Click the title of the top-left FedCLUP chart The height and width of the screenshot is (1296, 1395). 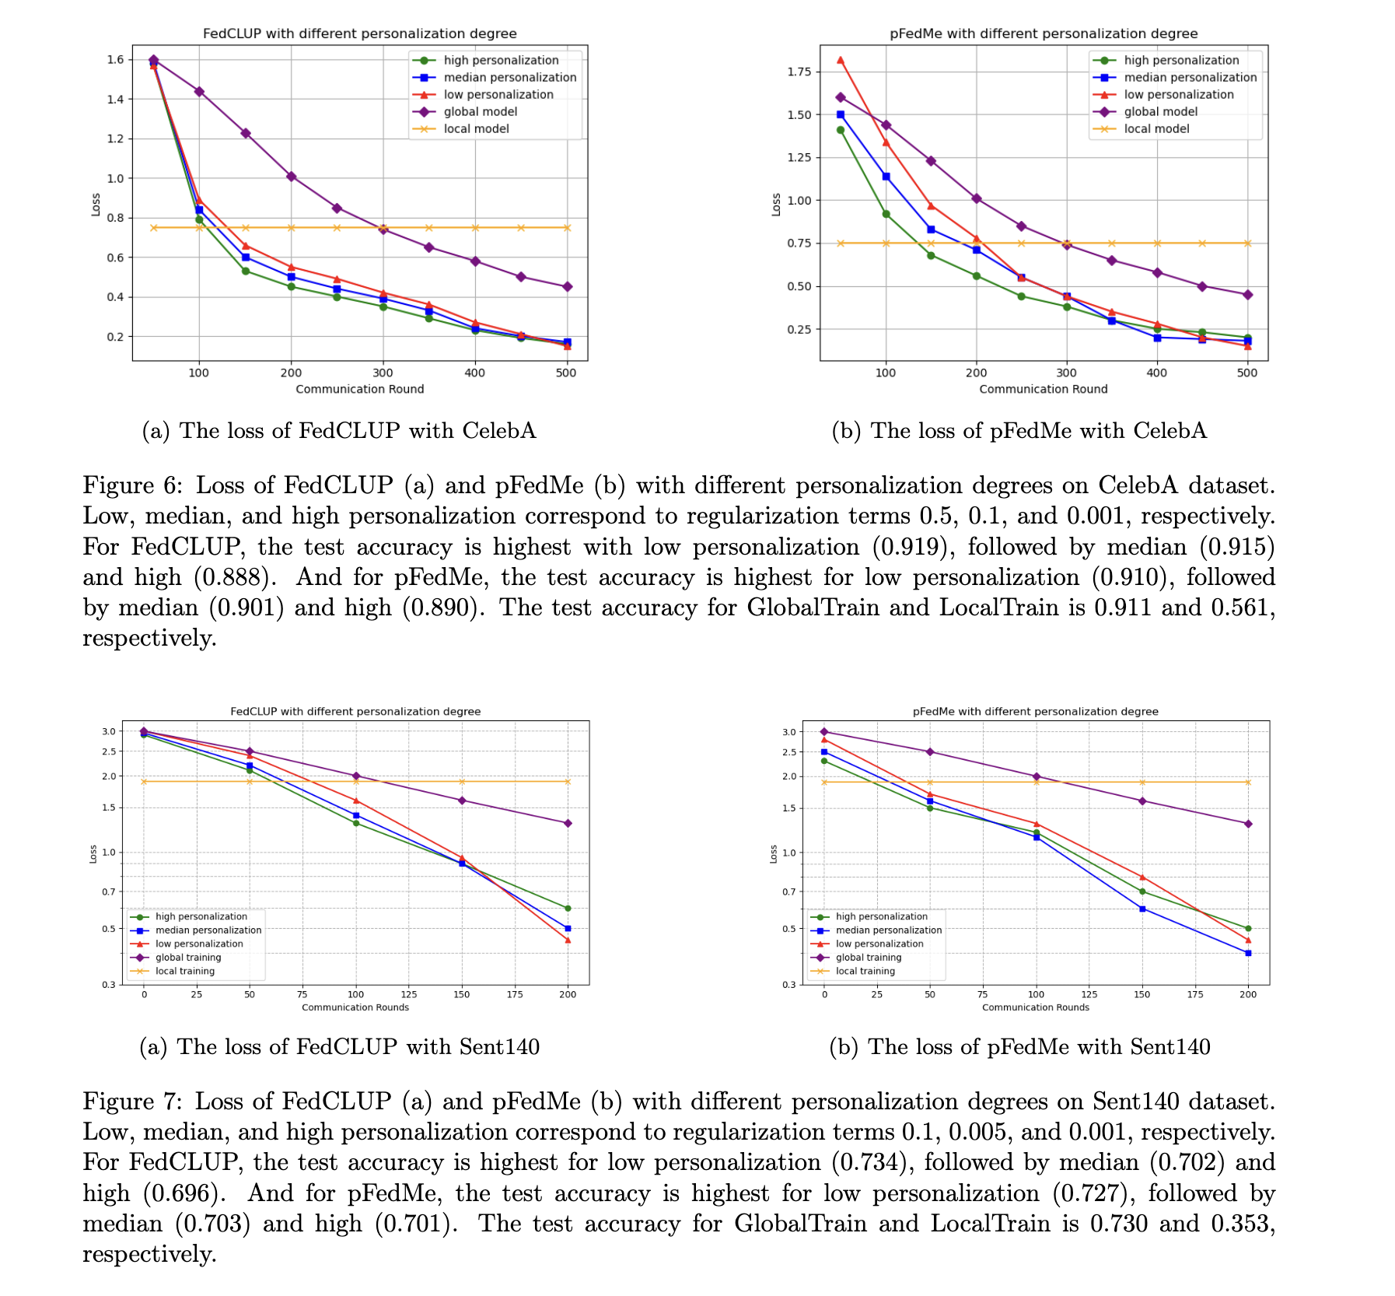(359, 33)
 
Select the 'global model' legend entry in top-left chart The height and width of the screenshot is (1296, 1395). (480, 111)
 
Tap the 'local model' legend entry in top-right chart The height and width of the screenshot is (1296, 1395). (1156, 128)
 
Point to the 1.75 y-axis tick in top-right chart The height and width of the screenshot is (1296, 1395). (798, 72)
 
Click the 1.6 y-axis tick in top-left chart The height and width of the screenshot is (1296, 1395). (116, 60)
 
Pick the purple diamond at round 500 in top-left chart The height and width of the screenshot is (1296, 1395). (567, 286)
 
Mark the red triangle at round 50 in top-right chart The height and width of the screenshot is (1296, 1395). (840, 60)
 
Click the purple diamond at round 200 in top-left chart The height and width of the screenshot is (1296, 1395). (292, 177)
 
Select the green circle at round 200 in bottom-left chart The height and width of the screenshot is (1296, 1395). (568, 908)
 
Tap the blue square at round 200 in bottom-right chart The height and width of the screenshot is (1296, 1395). (1248, 953)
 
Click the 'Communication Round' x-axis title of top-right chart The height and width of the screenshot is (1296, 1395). (1043, 389)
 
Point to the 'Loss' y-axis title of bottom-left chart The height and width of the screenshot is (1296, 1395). (93, 853)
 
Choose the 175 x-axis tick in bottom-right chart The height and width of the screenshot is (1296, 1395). (1195, 994)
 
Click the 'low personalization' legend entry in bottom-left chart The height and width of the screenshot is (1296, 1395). (199, 944)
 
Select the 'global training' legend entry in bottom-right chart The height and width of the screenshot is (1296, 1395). (869, 958)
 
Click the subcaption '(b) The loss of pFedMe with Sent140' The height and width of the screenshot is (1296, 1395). (1019, 1047)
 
